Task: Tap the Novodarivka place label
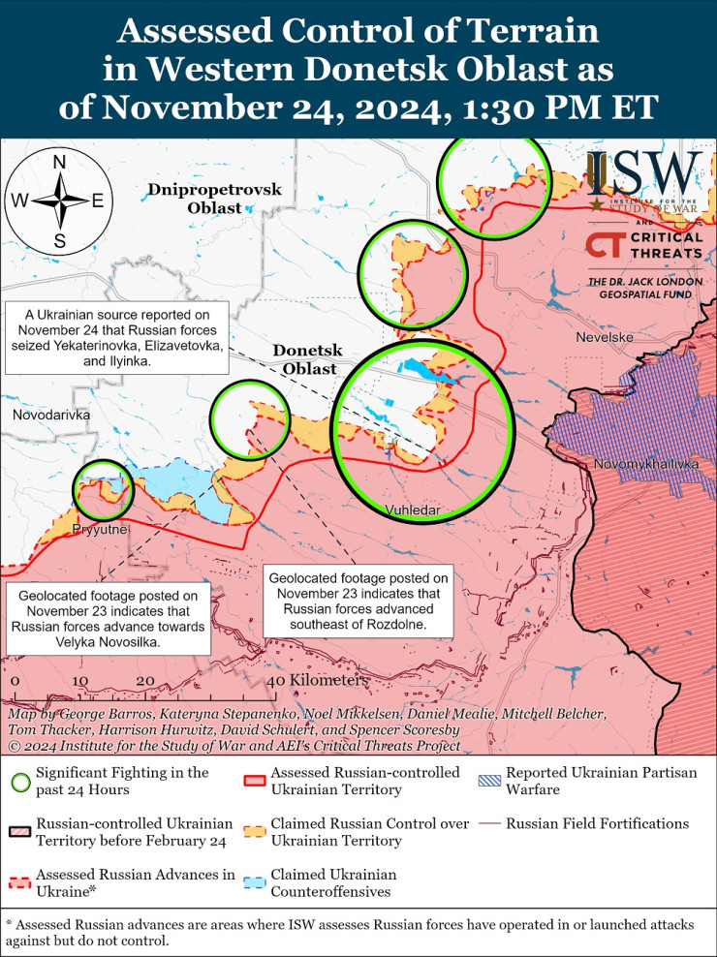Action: (x=51, y=415)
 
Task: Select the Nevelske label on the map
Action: (x=604, y=337)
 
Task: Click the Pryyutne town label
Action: (x=99, y=530)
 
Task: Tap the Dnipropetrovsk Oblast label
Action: (x=215, y=199)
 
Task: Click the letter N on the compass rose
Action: (x=59, y=162)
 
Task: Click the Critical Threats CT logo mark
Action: (x=603, y=245)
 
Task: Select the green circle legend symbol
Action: (x=19, y=781)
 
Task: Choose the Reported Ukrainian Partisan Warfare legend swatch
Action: (x=489, y=781)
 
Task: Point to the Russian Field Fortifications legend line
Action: (x=489, y=823)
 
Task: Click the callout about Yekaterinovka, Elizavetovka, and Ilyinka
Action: (x=116, y=338)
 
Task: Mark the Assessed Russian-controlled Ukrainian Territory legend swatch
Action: (x=256, y=781)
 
